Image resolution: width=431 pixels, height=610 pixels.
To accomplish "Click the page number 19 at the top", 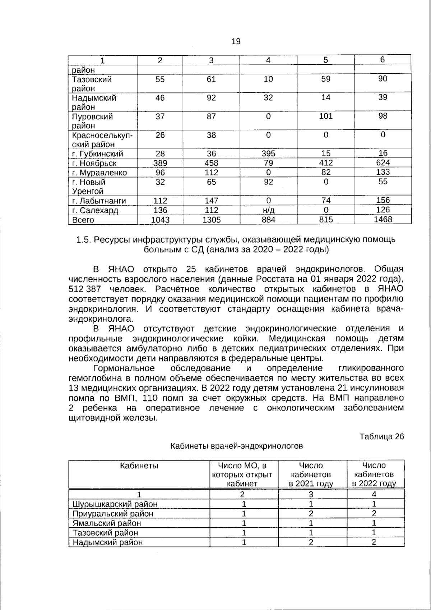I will click(x=236, y=41).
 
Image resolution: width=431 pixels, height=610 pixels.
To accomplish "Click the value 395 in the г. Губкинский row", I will click(x=268, y=154).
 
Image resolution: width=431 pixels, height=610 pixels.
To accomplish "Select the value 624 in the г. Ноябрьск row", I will click(x=383, y=163).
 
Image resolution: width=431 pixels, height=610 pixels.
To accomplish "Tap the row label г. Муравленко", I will click(x=99, y=173).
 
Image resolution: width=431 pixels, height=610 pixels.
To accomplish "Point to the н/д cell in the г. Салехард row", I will click(x=268, y=210).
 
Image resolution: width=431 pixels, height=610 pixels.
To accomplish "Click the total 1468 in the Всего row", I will click(x=383, y=220).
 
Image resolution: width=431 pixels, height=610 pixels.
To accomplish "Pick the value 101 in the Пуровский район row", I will click(x=325, y=116).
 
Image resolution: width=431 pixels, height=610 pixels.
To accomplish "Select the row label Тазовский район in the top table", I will click(x=92, y=84).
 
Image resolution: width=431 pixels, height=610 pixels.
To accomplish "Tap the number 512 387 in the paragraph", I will click(x=85, y=289).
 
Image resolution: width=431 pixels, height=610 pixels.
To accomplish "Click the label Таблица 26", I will click(x=381, y=436).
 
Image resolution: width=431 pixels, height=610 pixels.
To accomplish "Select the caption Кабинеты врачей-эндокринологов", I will click(x=236, y=446).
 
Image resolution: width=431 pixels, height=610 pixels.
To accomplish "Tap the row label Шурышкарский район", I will click(x=115, y=504).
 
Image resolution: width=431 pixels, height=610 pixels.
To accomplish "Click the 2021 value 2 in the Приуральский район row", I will click(x=311, y=514).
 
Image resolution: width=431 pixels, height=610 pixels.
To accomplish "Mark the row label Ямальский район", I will click(x=107, y=523).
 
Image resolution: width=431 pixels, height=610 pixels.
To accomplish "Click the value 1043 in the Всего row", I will click(x=160, y=220).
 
